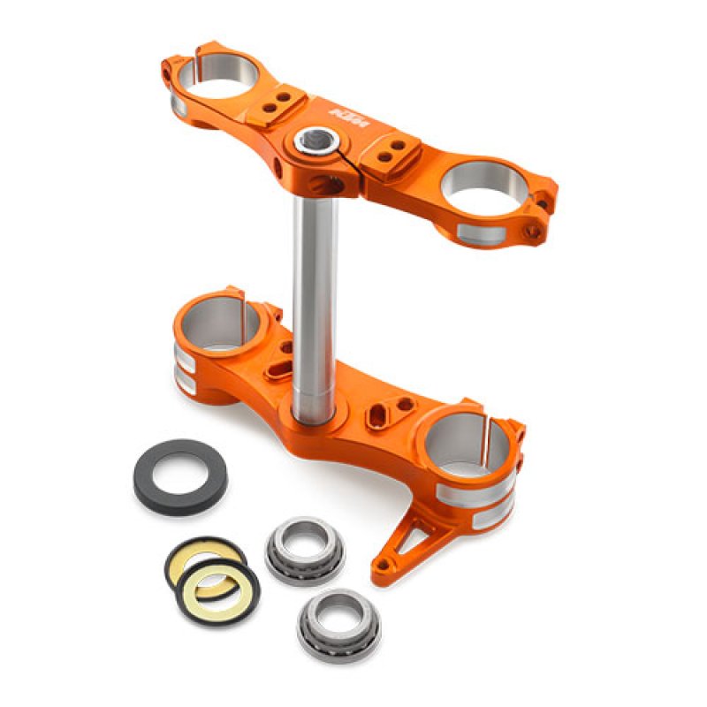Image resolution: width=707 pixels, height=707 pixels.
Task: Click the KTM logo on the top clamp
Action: click(346, 112)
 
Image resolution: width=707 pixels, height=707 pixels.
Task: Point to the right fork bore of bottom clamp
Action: click(466, 438)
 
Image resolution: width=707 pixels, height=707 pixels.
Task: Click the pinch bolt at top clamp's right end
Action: click(532, 231)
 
